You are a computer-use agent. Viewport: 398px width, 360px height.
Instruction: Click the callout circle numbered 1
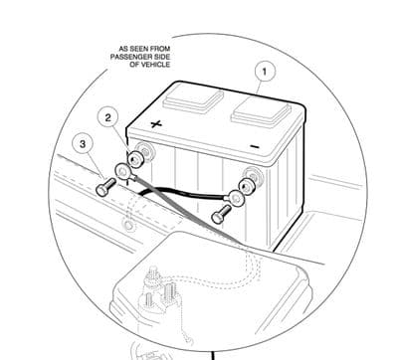[264, 71]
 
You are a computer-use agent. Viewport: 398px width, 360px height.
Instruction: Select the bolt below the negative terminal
[221, 208]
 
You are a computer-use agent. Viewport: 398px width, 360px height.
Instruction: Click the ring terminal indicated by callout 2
[126, 171]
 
